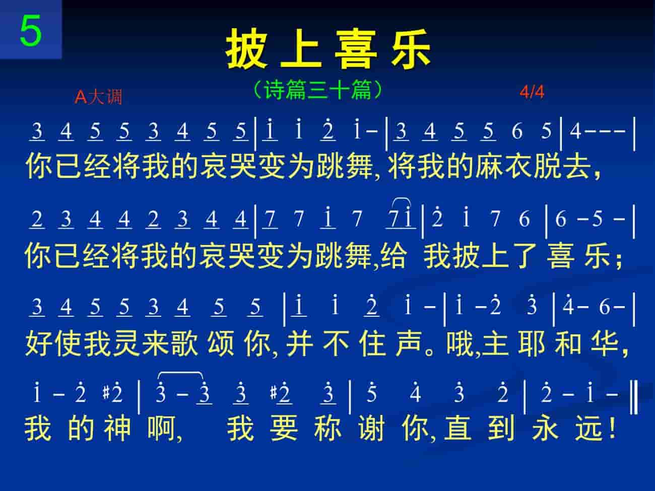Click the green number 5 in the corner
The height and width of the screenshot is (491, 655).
31,31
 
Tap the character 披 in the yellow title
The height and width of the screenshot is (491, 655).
246,49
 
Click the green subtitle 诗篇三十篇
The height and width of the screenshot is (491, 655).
318,90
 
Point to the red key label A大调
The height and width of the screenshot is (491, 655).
98,97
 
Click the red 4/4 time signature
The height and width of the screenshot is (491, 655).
532,92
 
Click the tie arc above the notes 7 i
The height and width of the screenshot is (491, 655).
402,199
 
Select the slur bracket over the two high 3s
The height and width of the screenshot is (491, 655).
180,373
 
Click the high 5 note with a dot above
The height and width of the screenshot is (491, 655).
371,392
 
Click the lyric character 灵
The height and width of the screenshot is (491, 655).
126,343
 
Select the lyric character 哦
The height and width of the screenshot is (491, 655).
460,343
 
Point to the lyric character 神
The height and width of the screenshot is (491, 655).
117,428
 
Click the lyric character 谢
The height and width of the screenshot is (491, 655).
371,428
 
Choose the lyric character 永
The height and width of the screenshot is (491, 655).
545,428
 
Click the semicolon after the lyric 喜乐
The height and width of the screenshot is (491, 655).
619,259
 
